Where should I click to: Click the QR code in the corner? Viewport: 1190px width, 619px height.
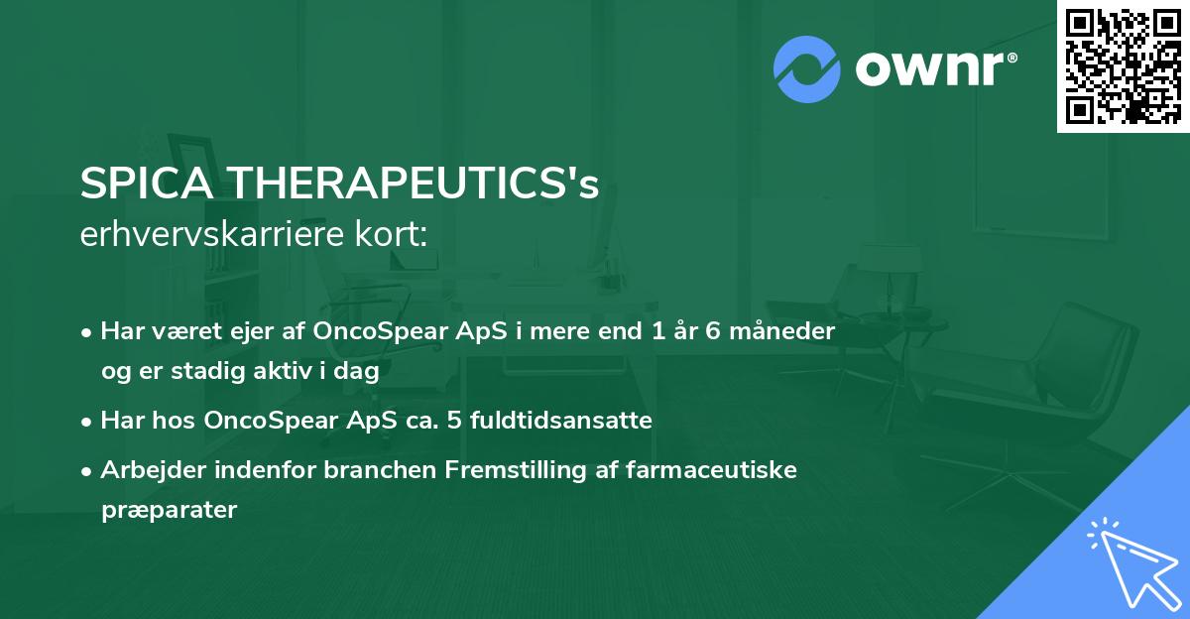coord(1123,66)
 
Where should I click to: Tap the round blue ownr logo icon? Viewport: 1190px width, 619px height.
coord(807,68)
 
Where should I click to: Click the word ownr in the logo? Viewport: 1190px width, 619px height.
coord(932,67)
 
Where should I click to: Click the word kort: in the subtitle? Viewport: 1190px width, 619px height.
coord(397,235)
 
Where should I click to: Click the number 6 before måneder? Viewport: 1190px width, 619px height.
coord(711,330)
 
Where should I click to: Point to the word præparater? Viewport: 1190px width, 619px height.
coord(169,510)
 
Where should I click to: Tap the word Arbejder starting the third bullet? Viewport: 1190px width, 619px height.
coord(146,469)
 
